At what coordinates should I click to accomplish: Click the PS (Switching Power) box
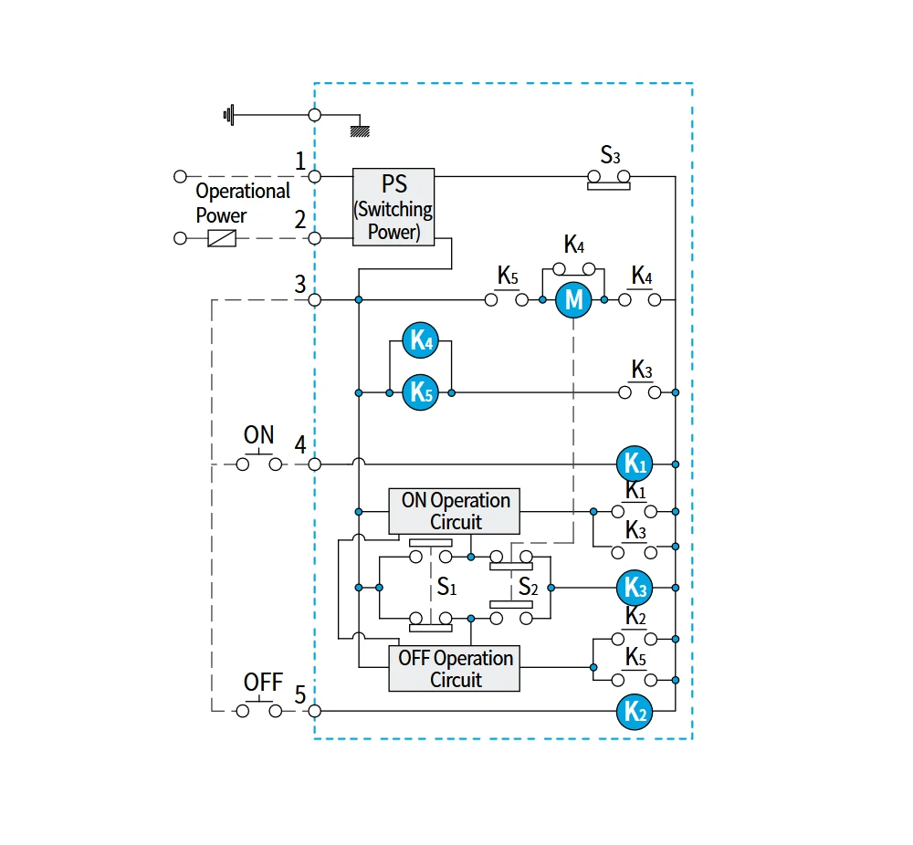point(394,207)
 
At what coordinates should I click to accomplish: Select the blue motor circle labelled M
point(573,299)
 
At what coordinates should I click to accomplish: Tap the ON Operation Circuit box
point(454,512)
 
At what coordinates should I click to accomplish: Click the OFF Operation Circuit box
point(454,669)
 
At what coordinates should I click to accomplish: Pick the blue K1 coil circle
point(635,464)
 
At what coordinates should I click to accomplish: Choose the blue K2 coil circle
point(635,711)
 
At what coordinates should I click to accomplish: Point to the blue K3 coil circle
point(635,588)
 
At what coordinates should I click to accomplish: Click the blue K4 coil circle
point(420,339)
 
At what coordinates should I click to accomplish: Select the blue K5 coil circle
point(420,392)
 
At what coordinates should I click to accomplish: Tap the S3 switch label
point(610,155)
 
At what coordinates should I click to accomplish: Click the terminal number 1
point(300,161)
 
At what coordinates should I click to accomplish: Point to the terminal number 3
point(300,284)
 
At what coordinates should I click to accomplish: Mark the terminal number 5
point(300,694)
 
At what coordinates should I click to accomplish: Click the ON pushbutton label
point(258,434)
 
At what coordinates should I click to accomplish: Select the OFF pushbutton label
point(263,682)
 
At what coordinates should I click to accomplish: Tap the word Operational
point(243,191)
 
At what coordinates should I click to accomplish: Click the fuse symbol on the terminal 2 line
point(222,238)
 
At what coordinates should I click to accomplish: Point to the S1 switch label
point(446,587)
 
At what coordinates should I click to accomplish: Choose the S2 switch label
point(528,587)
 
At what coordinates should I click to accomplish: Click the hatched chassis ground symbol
point(360,131)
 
